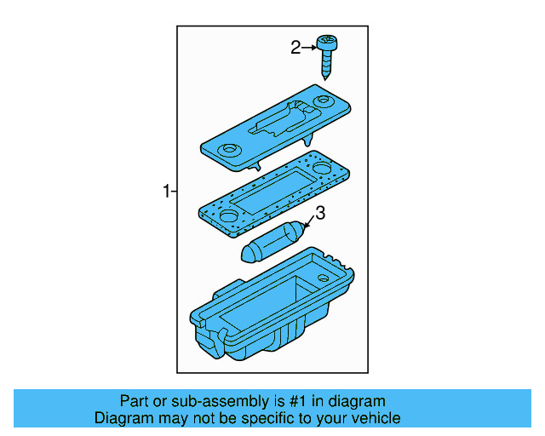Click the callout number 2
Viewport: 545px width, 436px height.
click(x=295, y=48)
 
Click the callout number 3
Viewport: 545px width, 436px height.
click(x=320, y=213)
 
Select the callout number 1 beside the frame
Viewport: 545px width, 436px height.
click(x=167, y=192)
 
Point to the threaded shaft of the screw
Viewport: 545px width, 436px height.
click(x=326, y=63)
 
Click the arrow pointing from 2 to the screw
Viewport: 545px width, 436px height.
click(x=309, y=48)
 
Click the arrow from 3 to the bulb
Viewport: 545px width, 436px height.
click(x=309, y=223)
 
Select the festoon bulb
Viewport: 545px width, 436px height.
click(x=270, y=242)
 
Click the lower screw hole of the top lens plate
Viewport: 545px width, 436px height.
click(x=229, y=151)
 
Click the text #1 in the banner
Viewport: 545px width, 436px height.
click(x=309, y=401)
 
